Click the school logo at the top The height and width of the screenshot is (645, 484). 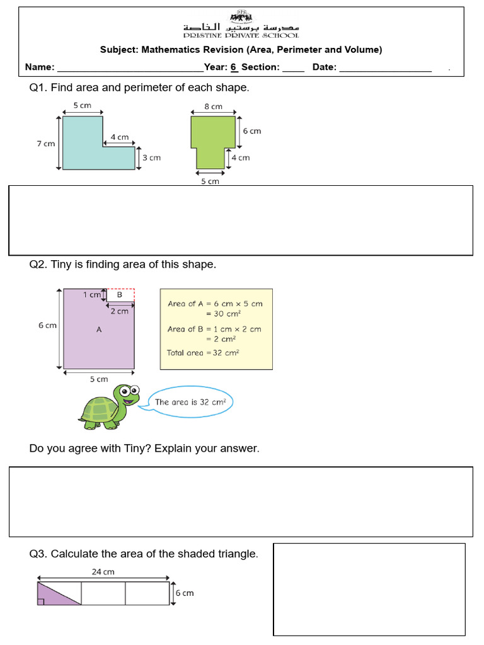(241, 15)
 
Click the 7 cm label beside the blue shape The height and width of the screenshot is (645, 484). (45, 144)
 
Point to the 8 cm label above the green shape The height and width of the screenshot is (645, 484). (213, 107)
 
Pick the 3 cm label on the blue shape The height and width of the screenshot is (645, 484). (151, 157)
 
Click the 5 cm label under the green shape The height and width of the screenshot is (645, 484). (210, 181)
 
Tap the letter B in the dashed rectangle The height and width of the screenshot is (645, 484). (119, 294)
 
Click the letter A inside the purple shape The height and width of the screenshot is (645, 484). (99, 329)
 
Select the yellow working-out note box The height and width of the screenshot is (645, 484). (216, 329)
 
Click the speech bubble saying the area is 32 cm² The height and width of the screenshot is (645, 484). (190, 402)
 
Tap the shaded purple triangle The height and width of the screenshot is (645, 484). (51, 596)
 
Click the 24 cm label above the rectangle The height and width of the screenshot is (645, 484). (103, 572)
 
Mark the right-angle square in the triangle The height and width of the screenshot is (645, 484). (41, 602)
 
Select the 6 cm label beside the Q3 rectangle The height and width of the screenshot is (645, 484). (184, 593)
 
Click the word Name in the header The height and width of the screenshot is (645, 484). (39, 67)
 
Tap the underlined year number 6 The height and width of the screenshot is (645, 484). (233, 67)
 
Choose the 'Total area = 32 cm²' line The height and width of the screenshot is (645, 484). (203, 353)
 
